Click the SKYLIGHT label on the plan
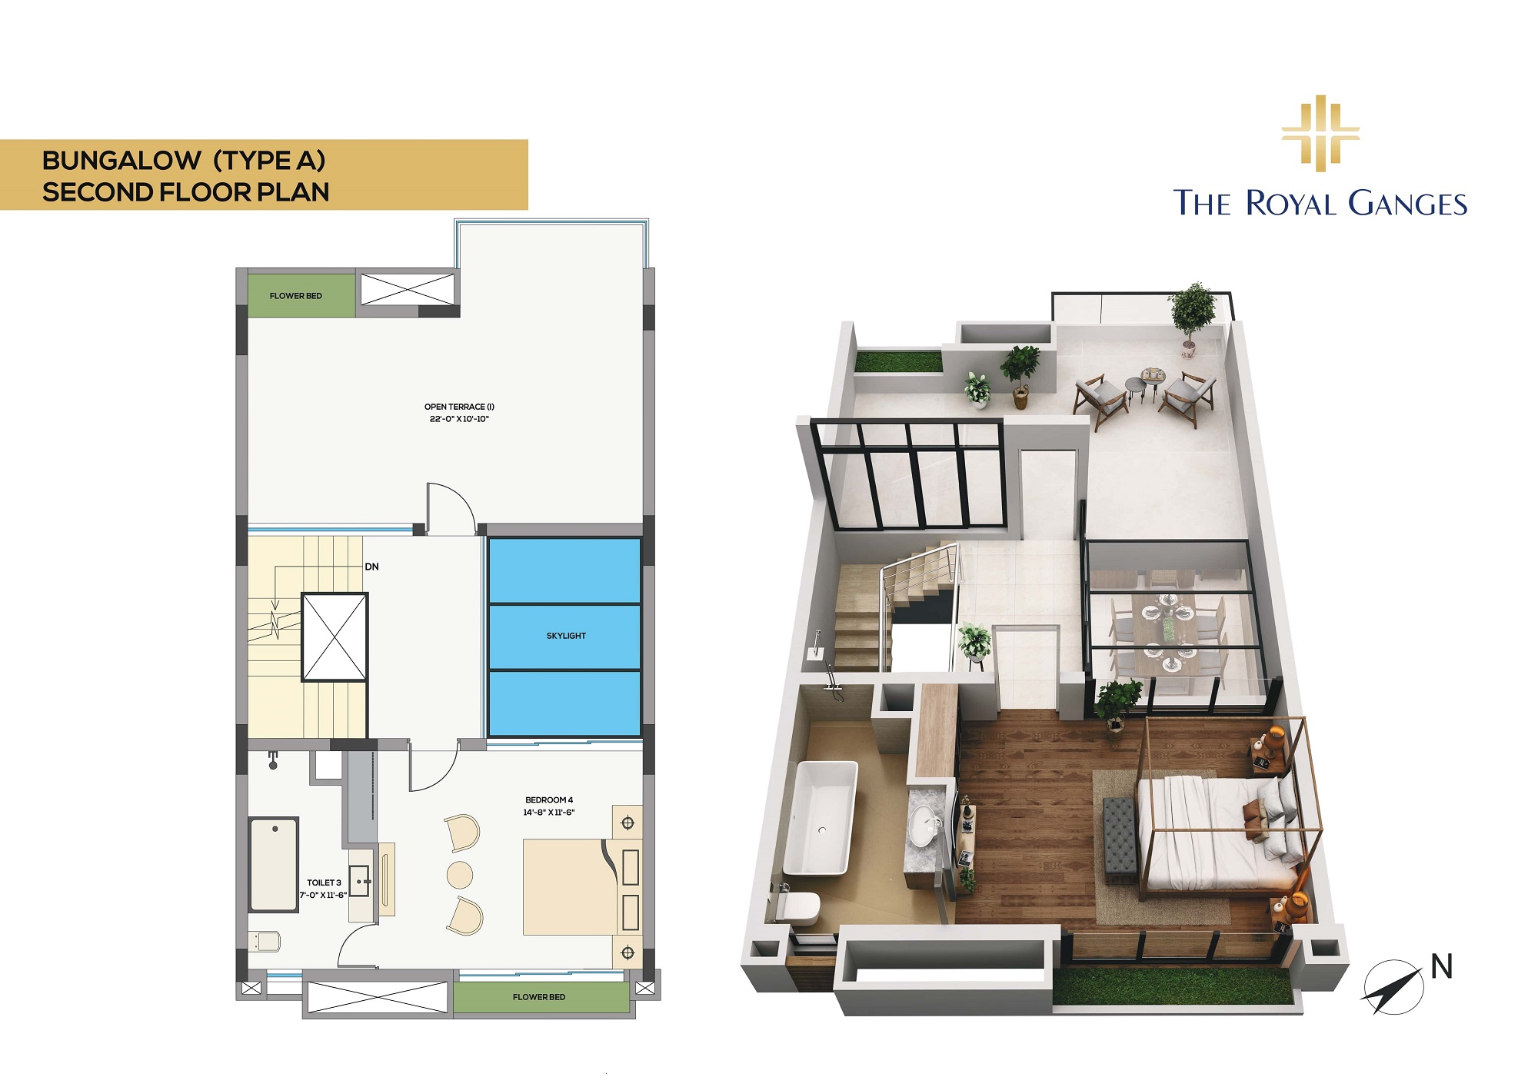click(x=566, y=636)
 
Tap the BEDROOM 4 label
click(x=549, y=800)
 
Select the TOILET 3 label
click(x=324, y=883)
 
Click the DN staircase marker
click(x=371, y=567)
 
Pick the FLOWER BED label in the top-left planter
click(x=296, y=296)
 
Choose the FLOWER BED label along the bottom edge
click(x=539, y=997)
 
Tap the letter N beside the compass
click(x=1442, y=966)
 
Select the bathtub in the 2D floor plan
click(x=274, y=865)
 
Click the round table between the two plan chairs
click(x=460, y=875)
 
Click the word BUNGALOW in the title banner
click(x=122, y=161)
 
